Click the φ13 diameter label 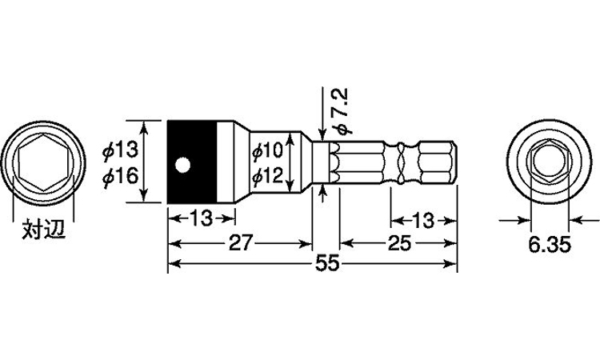tap(120, 150)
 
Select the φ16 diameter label tap(120, 176)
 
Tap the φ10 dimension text tap(267, 150)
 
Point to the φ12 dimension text tap(267, 176)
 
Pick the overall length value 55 tap(327, 264)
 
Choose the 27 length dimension tap(241, 243)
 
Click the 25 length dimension tap(399, 243)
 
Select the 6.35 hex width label tap(550, 245)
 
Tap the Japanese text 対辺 tap(43, 230)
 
